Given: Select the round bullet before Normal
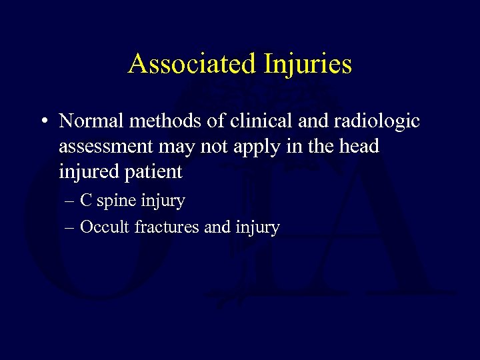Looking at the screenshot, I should click(x=42, y=122).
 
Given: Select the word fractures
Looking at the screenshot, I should click(x=167, y=227).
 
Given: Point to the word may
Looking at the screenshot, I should click(x=180, y=147).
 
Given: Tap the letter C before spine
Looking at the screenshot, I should click(x=87, y=200).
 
